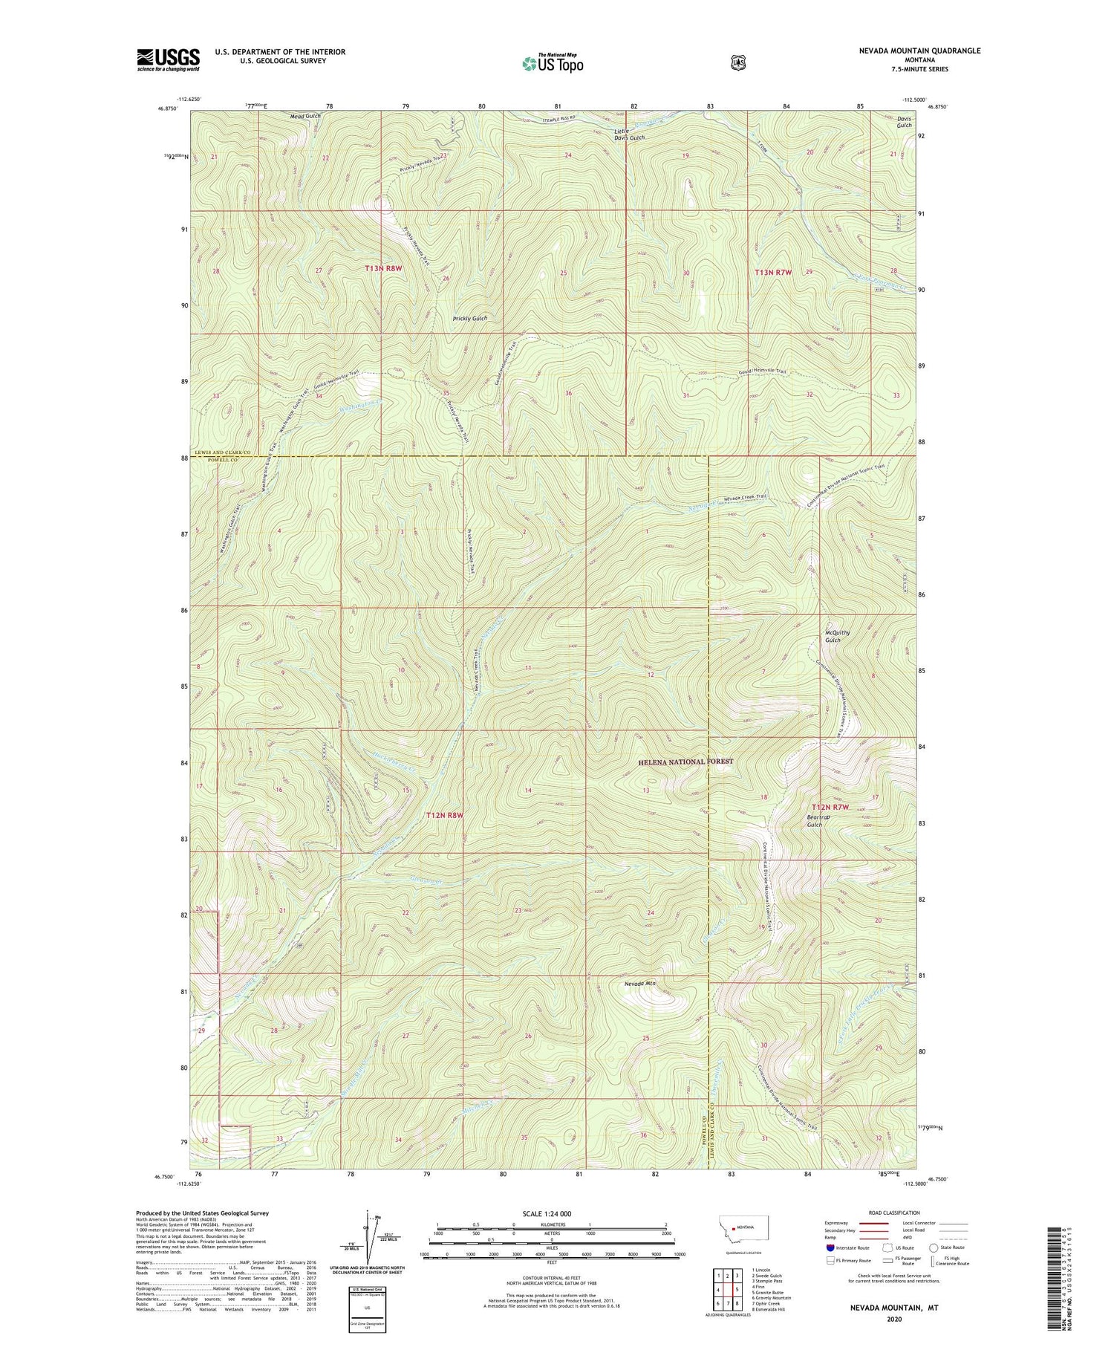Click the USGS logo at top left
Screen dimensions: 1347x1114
tap(168, 59)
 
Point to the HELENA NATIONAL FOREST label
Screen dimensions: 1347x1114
tap(685, 762)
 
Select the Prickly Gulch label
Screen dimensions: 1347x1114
tap(470, 318)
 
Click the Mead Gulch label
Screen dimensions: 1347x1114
tap(305, 117)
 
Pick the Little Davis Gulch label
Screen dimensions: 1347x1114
tap(628, 134)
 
